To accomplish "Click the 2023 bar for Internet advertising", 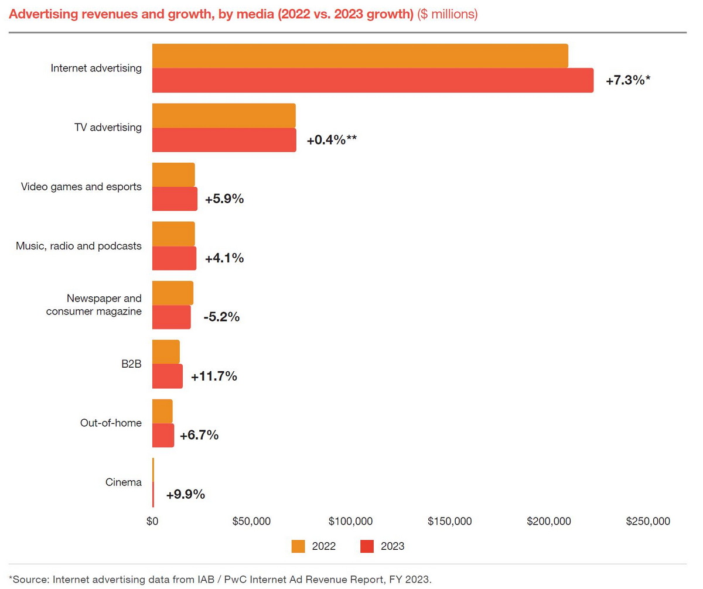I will pyautogui.click(x=373, y=80).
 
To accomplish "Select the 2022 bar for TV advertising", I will pyautogui.click(x=224, y=115).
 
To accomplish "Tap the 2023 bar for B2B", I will pyautogui.click(x=168, y=376).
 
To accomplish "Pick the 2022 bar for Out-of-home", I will pyautogui.click(x=162, y=411).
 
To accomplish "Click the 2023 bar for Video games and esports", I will pyautogui.click(x=175, y=199).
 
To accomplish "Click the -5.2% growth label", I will pyautogui.click(x=221, y=317).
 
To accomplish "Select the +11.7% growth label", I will pyautogui.click(x=214, y=376).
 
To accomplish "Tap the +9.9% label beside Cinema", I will pyautogui.click(x=185, y=495).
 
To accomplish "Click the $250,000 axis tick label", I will pyautogui.click(x=647, y=521).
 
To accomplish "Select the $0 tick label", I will pyautogui.click(x=152, y=521).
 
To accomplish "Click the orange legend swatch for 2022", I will pyautogui.click(x=299, y=546).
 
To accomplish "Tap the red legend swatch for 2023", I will pyautogui.click(x=366, y=546).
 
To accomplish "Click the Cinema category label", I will pyautogui.click(x=124, y=482).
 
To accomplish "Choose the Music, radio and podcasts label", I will pyautogui.click(x=79, y=246).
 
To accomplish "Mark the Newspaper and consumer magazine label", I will pyautogui.click(x=94, y=305).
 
